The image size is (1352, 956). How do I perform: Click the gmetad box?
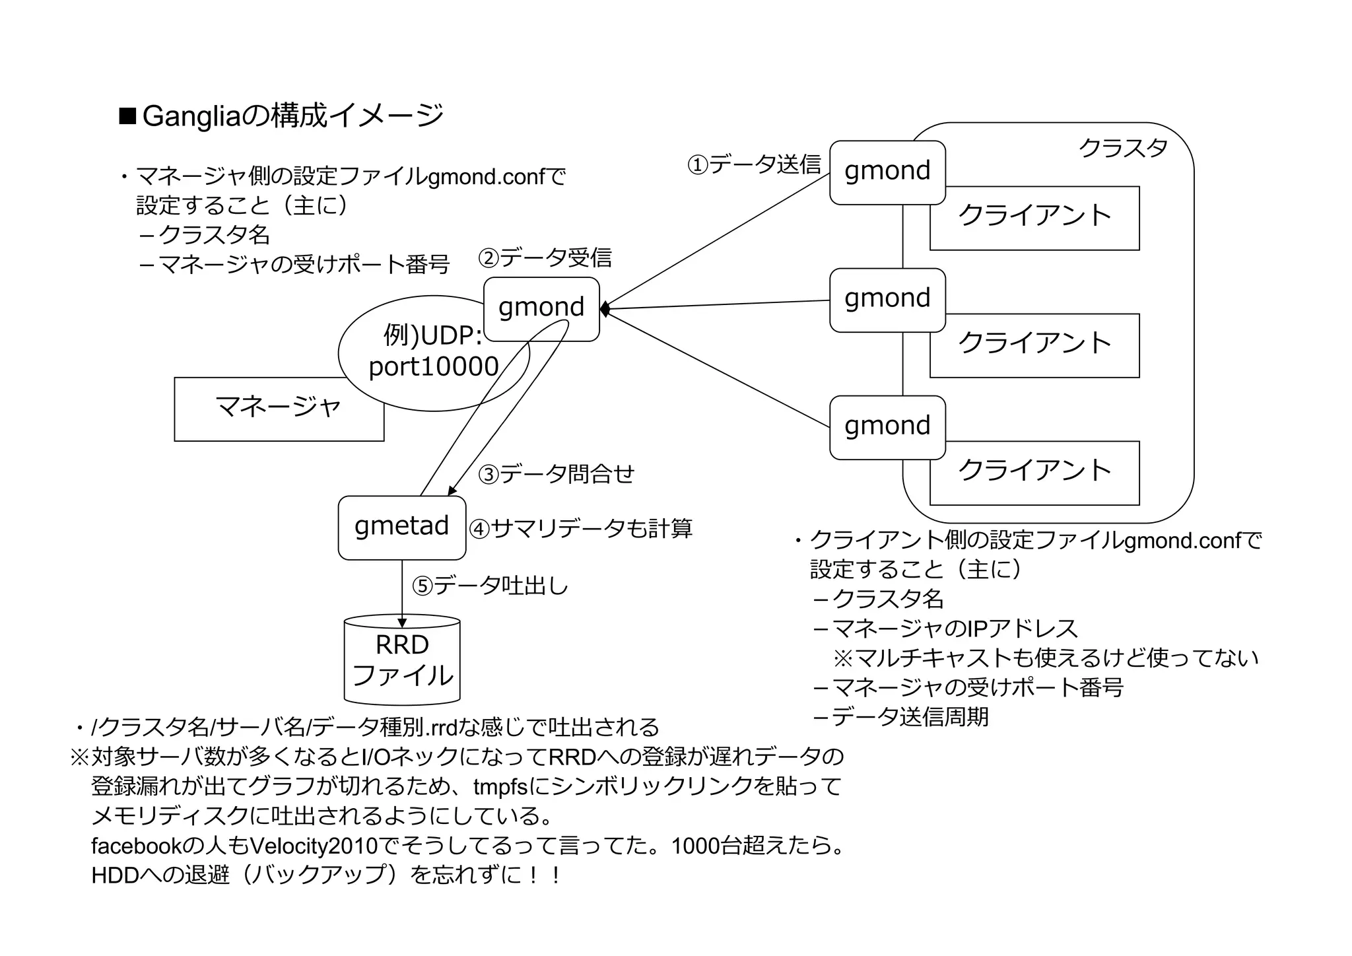click(x=401, y=528)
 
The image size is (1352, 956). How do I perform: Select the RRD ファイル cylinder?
click(x=402, y=660)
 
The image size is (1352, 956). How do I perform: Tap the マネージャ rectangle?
click(x=279, y=409)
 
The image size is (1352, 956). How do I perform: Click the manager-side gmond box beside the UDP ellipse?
click(x=541, y=308)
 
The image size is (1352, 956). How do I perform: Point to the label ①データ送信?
click(x=754, y=164)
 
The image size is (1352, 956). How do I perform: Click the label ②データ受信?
click(x=545, y=258)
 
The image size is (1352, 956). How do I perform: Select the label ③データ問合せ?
click(x=556, y=474)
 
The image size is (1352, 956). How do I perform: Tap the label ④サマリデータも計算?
click(x=581, y=529)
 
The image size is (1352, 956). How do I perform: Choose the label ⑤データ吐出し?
click(x=490, y=586)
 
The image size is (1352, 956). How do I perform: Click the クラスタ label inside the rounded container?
click(x=1123, y=148)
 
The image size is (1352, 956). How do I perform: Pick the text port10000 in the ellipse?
click(x=433, y=367)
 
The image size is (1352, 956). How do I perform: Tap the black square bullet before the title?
click(x=127, y=116)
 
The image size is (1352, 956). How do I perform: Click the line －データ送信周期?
click(x=901, y=717)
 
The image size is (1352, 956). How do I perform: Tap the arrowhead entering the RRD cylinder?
click(x=402, y=623)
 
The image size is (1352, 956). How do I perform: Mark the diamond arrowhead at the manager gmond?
click(x=604, y=309)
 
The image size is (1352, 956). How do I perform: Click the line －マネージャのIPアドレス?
click(x=945, y=629)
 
